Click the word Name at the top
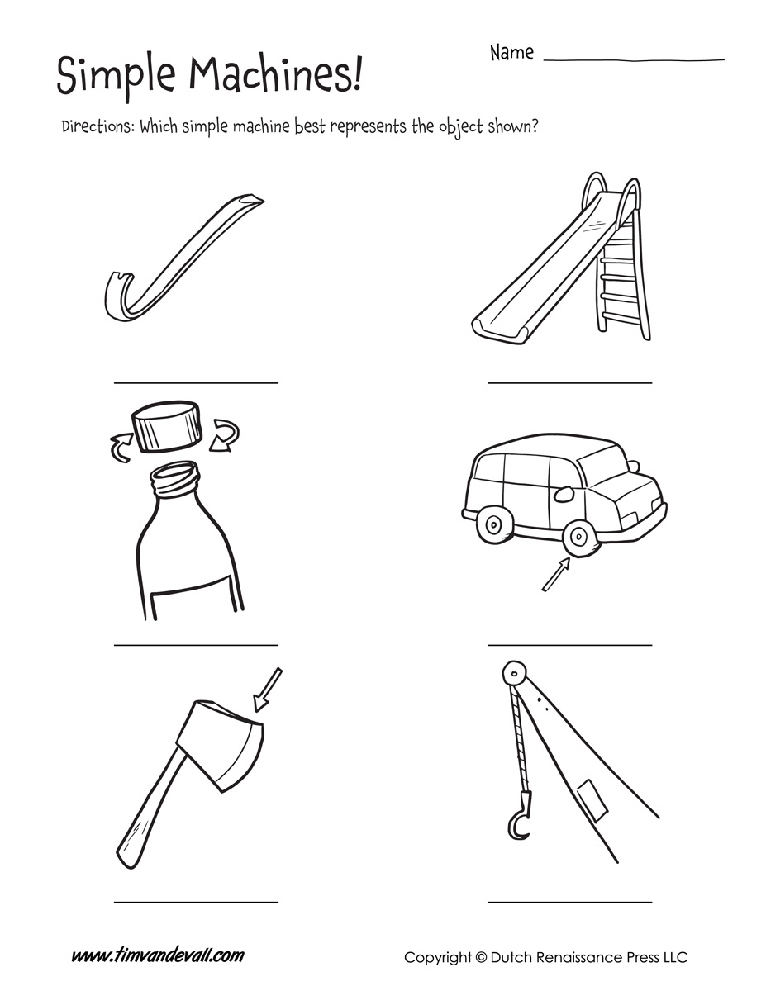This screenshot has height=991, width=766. click(x=511, y=53)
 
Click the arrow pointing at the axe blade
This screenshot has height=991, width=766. click(x=269, y=690)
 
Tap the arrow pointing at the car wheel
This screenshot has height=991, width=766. click(x=555, y=575)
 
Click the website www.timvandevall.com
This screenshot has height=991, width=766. click(x=157, y=956)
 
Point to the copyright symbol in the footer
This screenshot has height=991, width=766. click(x=482, y=958)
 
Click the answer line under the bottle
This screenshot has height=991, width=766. click(x=196, y=644)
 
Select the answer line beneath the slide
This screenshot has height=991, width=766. click(x=569, y=382)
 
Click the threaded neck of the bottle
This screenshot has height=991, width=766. click(x=175, y=477)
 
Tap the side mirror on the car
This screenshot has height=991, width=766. click(x=564, y=495)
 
